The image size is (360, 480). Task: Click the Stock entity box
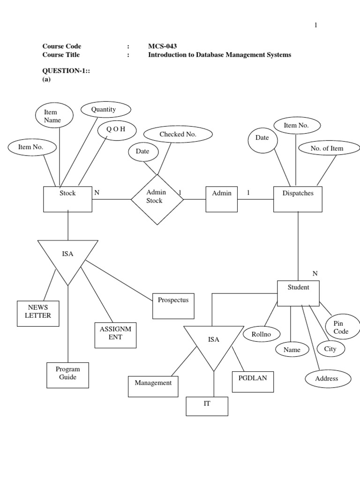[x=67, y=199]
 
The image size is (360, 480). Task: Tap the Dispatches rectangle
[x=298, y=199]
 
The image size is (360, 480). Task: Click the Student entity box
[x=298, y=293]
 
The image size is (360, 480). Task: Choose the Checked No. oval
[x=178, y=135]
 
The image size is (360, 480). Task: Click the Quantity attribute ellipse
[x=105, y=110]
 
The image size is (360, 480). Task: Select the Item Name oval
[x=54, y=115]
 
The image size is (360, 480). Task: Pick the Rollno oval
[x=262, y=334]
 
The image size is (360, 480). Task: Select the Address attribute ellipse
[x=328, y=378]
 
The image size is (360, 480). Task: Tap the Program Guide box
[x=68, y=375]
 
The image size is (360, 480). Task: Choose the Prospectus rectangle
[x=173, y=306]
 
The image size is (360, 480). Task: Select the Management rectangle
[x=153, y=386]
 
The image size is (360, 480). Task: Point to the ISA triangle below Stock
[x=68, y=258]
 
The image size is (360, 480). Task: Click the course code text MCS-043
[x=162, y=46]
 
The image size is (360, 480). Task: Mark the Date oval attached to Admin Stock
[x=143, y=151]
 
